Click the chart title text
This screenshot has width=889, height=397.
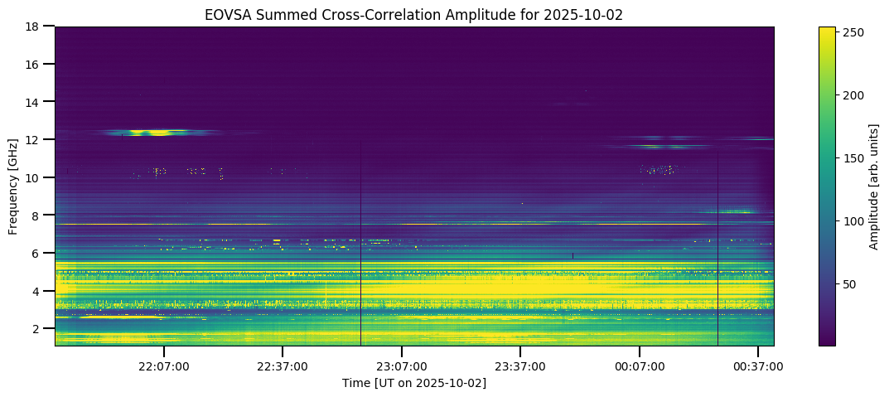(414, 15)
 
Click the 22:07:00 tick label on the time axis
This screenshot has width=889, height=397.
(163, 366)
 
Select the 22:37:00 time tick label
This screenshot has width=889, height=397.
(283, 366)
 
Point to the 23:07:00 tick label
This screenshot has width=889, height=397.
(402, 366)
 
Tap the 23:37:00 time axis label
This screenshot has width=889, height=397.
(520, 366)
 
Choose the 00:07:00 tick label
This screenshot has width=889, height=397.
(640, 366)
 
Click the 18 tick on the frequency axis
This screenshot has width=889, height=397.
(35, 27)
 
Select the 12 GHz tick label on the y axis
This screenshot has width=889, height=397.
(35, 139)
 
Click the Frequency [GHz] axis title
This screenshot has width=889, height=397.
(14, 186)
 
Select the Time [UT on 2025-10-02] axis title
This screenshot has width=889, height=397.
(414, 383)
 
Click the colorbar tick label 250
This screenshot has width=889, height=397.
(853, 32)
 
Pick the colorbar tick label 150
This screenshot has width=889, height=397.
(853, 158)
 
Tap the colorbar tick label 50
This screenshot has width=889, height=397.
(851, 284)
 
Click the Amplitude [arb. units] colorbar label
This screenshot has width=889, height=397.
(874, 186)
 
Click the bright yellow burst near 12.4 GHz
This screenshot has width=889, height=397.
(155, 132)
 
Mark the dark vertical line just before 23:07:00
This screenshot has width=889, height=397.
(361, 249)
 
